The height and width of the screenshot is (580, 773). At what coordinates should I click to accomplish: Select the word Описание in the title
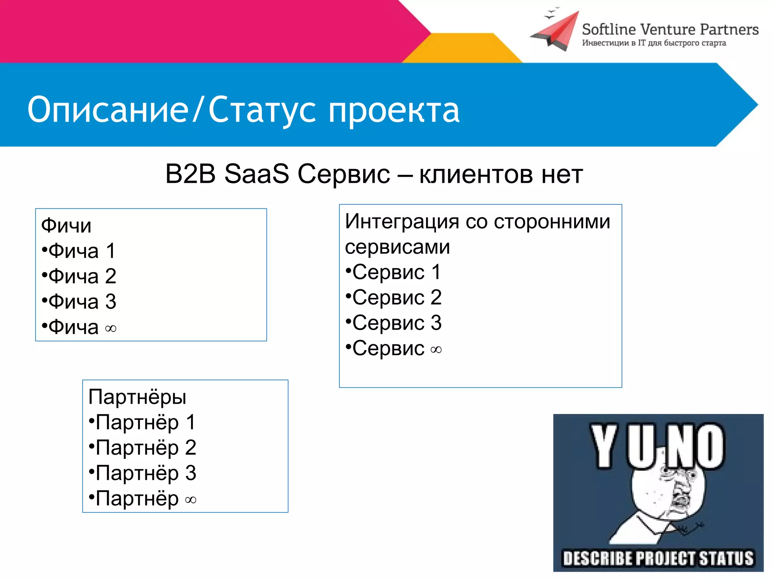tap(108, 110)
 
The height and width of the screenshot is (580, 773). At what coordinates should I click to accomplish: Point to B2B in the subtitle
tap(190, 174)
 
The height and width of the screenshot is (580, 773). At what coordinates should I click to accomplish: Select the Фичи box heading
tap(66, 226)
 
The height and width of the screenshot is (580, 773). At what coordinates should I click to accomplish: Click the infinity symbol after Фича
tap(111, 329)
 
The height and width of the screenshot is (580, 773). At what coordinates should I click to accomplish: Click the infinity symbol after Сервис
tap(436, 350)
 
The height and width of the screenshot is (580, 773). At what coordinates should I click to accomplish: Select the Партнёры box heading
tap(137, 397)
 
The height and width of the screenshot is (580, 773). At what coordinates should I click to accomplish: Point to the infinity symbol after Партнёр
tap(191, 500)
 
